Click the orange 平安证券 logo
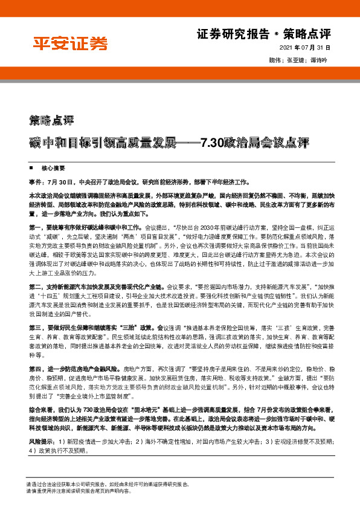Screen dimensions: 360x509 click(70, 43)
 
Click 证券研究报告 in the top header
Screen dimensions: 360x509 click(233, 34)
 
